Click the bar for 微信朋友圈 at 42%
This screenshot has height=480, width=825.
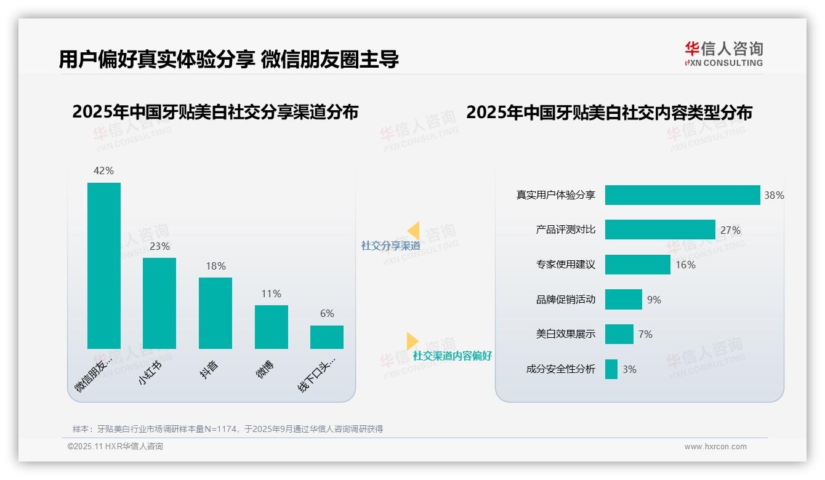coord(104,265)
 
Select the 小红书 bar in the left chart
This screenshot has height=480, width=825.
coord(159,303)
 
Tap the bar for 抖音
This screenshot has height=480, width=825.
coord(215,313)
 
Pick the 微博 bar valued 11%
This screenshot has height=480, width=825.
coord(272,327)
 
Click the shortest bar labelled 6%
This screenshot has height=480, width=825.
coord(327,337)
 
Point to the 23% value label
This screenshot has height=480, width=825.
coord(159,246)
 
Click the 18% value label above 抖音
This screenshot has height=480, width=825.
coord(215,266)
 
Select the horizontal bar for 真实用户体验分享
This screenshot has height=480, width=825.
coord(682,195)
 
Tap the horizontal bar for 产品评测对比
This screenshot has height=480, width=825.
coord(660,230)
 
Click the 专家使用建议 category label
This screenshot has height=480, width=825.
coord(565,265)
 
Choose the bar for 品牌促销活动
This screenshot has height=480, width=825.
coord(623,300)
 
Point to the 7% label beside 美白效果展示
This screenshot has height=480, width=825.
coord(645,334)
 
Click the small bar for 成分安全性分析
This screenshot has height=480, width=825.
coord(611,369)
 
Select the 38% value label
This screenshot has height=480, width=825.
coord(774,195)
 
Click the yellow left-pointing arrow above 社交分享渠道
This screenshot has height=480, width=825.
coord(413,231)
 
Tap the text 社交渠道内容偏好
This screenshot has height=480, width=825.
coord(452,356)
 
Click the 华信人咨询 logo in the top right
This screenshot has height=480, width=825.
coord(723,54)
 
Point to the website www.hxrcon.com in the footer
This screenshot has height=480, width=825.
coord(715,447)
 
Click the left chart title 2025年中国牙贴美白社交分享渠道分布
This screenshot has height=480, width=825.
coord(215,112)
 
